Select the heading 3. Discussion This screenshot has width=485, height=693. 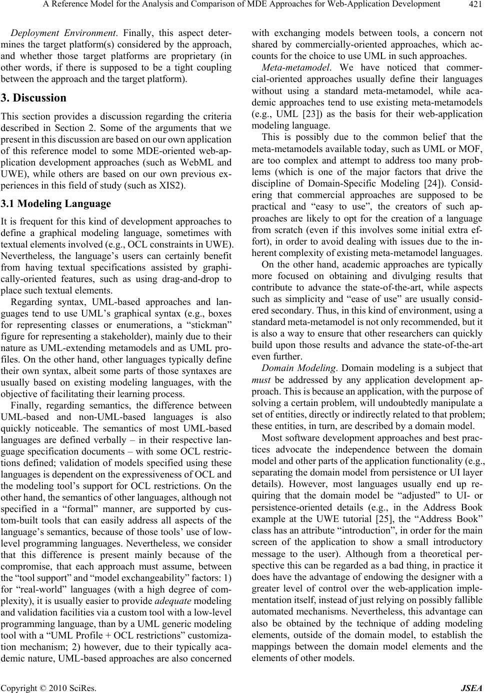point(34,98)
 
